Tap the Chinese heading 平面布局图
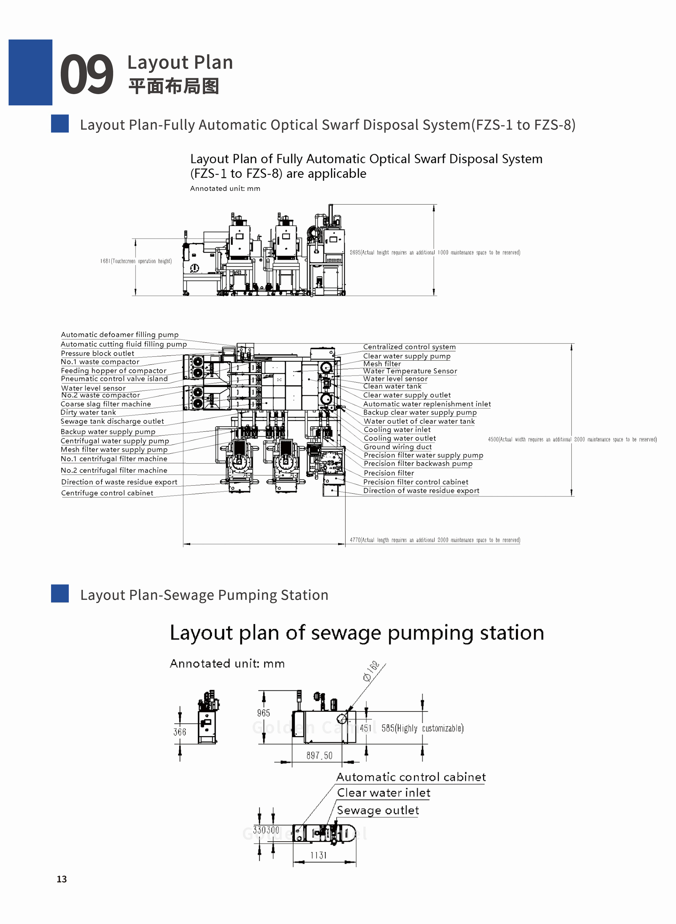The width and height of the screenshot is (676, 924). (x=173, y=86)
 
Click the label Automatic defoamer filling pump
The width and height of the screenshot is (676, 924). (x=120, y=335)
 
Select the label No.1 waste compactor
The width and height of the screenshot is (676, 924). (x=100, y=362)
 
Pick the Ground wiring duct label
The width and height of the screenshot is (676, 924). (x=397, y=447)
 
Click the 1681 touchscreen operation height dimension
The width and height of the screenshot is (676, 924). (x=136, y=261)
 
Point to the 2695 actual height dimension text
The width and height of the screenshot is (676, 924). (x=435, y=252)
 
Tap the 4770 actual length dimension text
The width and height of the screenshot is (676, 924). (x=435, y=540)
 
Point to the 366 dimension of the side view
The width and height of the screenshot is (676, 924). (x=179, y=732)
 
